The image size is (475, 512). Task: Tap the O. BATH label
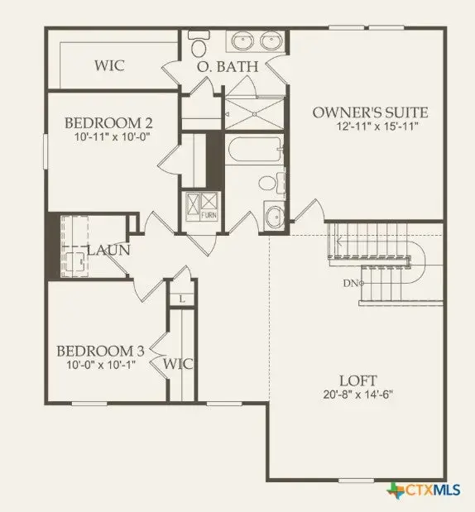[227, 66]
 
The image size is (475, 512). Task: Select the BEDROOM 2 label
[108, 124]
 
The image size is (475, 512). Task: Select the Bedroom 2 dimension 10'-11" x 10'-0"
[108, 139]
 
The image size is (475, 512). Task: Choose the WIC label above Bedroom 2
[109, 65]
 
